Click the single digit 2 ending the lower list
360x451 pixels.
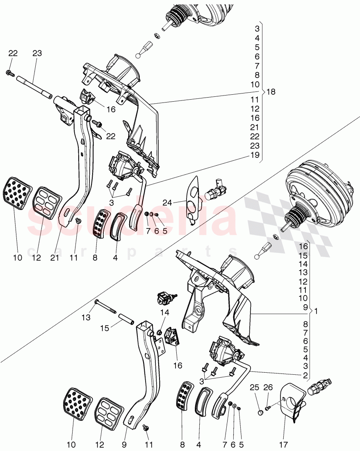pyautogui.click(x=304, y=375)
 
